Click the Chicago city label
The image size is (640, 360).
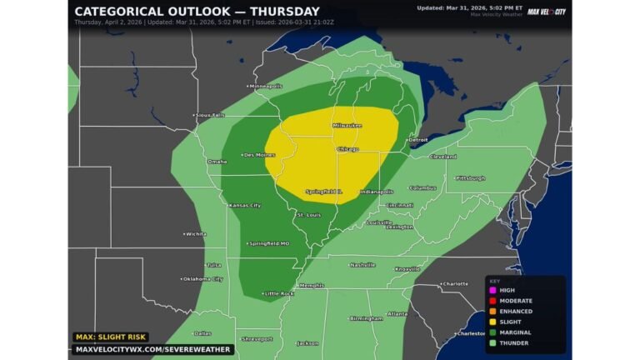click(x=347, y=149)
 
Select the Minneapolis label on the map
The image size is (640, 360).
click(x=266, y=86)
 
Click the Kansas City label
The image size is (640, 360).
click(x=244, y=205)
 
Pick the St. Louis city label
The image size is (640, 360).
click(x=308, y=215)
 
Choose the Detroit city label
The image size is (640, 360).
click(x=417, y=140)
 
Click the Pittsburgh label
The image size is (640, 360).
click(x=470, y=178)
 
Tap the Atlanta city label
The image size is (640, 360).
click(x=397, y=314)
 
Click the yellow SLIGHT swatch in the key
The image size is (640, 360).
click(x=492, y=322)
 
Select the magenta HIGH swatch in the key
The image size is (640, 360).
click(x=492, y=290)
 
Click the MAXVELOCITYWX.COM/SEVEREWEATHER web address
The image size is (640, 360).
click(x=152, y=349)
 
